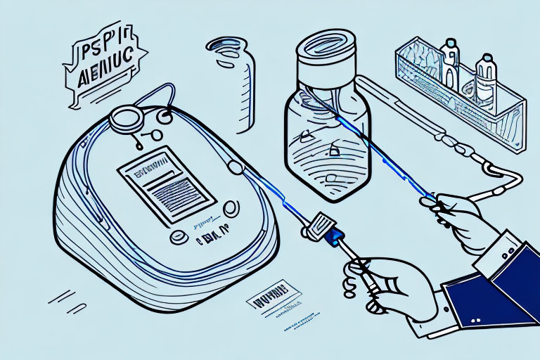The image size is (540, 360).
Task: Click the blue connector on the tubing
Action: point(331,237)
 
